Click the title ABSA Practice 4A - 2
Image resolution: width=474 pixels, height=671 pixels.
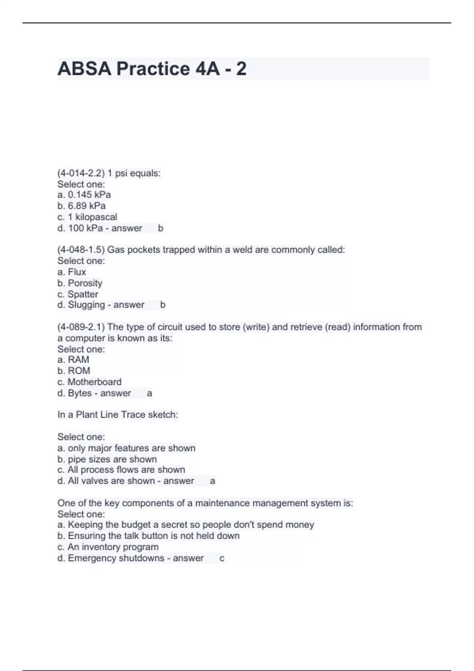tap(152, 69)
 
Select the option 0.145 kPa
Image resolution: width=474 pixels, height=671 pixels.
tap(89, 195)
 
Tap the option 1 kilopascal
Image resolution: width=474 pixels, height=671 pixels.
tap(92, 217)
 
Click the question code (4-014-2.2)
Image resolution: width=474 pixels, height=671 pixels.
tap(81, 173)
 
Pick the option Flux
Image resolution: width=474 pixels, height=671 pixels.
tap(77, 272)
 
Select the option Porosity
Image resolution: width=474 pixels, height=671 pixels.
tap(85, 283)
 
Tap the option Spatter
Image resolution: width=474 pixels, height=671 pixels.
tap(83, 294)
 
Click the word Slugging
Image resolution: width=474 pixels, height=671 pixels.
tap(86, 305)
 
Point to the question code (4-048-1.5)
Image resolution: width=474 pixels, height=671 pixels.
tap(81, 250)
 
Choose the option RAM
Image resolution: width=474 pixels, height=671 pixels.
tap(78, 360)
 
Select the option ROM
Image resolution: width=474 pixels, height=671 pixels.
tap(79, 371)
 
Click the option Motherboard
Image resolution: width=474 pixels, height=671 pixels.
tap(94, 382)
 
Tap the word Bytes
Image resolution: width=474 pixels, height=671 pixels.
tap(80, 393)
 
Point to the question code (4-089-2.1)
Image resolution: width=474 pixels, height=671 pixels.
tap(81, 327)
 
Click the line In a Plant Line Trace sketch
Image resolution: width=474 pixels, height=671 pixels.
tap(118, 415)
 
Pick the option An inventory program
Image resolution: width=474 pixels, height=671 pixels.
tap(113, 547)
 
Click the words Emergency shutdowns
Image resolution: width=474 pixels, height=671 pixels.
tap(116, 558)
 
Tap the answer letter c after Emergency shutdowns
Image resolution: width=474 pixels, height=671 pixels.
tap(222, 559)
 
